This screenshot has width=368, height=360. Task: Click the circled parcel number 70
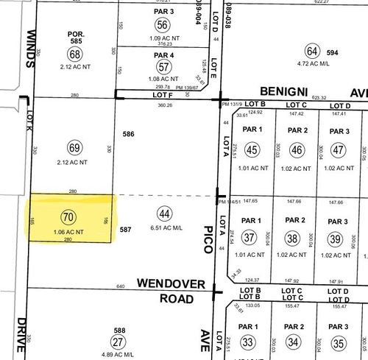coord(68,216)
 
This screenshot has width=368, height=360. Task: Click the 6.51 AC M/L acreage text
coord(165,229)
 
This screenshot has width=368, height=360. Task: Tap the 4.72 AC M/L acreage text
coord(313,65)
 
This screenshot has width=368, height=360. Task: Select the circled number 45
coord(252,150)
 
